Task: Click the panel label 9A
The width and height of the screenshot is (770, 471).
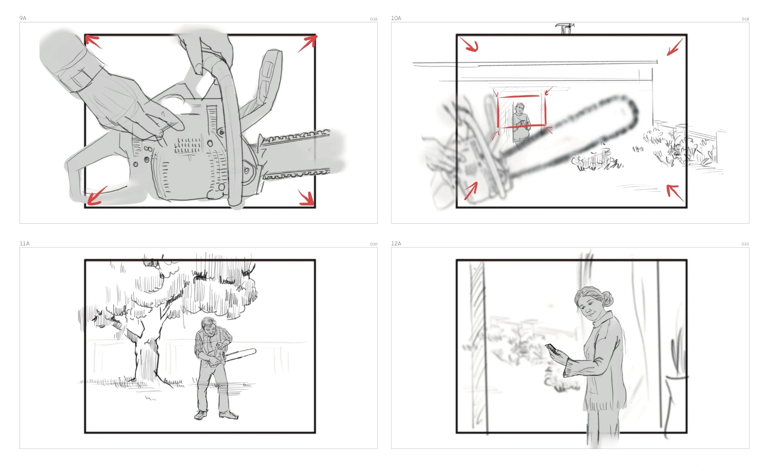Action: tap(23, 18)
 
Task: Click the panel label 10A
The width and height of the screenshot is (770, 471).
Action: tap(396, 18)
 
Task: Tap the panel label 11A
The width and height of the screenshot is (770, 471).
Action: tap(24, 244)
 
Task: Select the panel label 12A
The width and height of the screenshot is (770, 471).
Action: tap(396, 244)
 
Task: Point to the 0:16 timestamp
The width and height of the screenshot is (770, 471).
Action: tap(373, 19)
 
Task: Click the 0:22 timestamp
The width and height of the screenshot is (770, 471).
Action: tap(745, 244)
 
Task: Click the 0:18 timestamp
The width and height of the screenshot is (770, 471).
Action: tap(745, 19)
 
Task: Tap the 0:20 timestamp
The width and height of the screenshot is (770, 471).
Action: tap(373, 244)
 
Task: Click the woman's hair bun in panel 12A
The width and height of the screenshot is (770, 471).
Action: tap(608, 299)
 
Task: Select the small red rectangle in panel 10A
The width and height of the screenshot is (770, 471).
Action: tap(521, 96)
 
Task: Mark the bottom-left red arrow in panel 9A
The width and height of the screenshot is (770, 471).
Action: tap(96, 196)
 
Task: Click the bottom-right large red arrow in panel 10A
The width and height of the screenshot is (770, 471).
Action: tap(675, 193)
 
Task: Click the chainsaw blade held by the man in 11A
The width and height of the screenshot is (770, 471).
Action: tap(241, 356)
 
